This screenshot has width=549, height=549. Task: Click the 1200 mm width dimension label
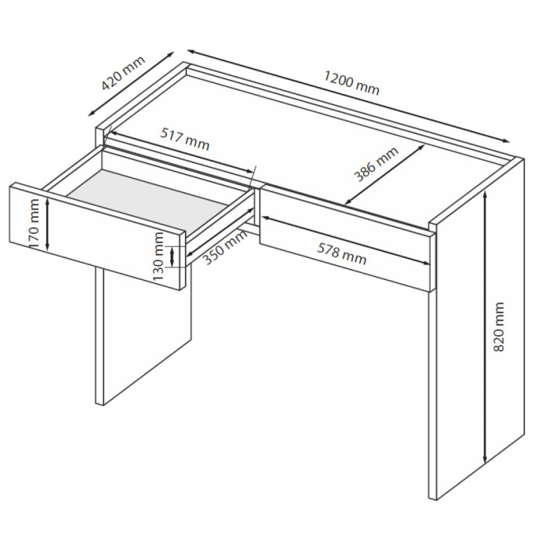[x=351, y=82]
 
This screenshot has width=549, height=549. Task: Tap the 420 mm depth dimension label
[x=123, y=73]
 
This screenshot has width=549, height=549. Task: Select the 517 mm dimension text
[x=185, y=139]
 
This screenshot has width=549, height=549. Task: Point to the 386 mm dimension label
[x=376, y=164]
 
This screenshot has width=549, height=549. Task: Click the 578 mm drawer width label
[x=342, y=254]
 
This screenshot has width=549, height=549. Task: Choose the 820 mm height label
[x=498, y=326]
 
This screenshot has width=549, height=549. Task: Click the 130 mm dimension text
[x=158, y=256]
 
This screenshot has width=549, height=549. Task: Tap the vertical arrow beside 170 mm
[x=48, y=224]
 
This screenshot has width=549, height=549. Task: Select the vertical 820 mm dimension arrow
[x=485, y=327]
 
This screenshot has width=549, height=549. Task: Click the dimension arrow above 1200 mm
[x=348, y=96]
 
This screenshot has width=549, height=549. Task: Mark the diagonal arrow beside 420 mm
[x=131, y=84]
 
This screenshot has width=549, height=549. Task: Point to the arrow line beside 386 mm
[x=385, y=174]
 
